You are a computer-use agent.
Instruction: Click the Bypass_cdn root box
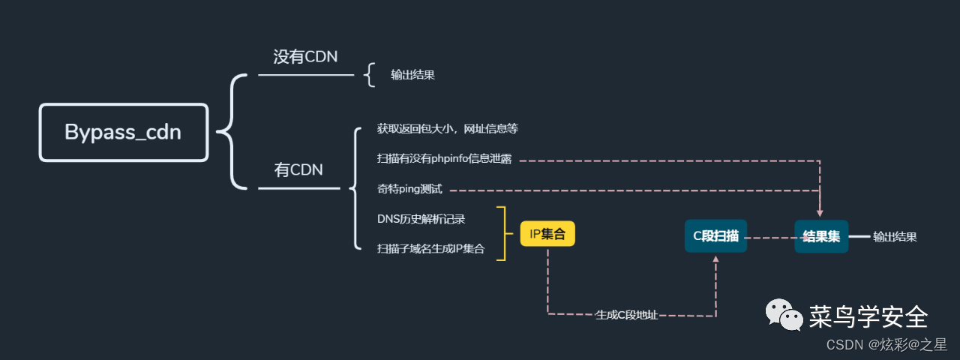coord(123,132)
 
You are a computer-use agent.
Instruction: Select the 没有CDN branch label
coord(305,57)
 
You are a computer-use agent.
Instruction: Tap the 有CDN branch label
coord(298,170)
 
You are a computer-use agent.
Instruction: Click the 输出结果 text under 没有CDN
coord(412,75)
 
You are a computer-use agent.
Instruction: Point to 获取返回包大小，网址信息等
coord(448,129)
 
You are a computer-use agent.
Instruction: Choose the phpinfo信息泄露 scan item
coord(444,160)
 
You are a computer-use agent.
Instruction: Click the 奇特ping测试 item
coord(409,190)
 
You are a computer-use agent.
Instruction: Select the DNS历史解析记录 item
coord(421,220)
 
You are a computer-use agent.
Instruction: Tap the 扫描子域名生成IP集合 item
coord(430,249)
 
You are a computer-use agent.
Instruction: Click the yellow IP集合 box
coord(547,234)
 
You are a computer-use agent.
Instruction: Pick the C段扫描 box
coord(715,236)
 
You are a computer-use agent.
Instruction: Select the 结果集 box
coord(821,236)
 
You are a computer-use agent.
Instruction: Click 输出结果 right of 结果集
coord(895,237)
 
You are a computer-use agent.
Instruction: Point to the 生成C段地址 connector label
coord(626,315)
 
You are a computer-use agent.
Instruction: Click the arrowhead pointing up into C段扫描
coord(715,259)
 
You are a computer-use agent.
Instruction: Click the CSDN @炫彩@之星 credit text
coord(886,344)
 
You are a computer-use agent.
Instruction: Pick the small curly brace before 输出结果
coord(369,75)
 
